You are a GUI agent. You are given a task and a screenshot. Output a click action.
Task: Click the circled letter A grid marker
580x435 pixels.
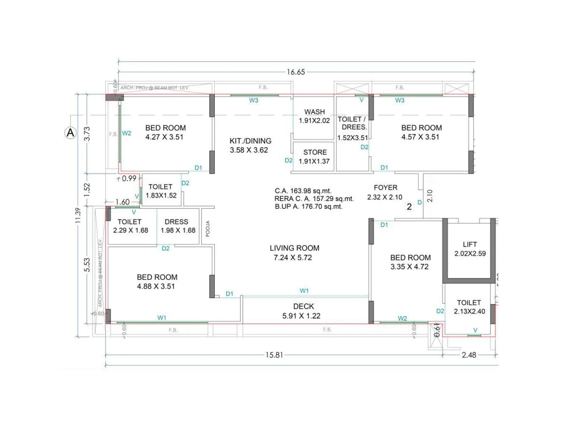(70, 133)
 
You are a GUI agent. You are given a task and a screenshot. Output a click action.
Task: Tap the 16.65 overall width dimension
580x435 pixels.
(296, 72)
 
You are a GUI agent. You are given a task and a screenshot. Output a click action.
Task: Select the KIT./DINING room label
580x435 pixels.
(250, 145)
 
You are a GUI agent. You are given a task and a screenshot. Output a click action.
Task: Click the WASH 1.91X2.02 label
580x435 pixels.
(314, 116)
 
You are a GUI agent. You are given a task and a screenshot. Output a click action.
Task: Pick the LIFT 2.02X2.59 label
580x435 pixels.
(470, 249)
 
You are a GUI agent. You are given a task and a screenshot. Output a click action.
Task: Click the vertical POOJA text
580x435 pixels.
(208, 229)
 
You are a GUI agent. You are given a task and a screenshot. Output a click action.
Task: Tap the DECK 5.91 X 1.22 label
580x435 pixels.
(302, 311)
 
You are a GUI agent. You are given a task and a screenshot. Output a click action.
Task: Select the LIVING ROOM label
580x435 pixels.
(294, 253)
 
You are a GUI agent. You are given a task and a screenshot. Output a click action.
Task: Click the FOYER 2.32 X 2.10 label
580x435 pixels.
(385, 192)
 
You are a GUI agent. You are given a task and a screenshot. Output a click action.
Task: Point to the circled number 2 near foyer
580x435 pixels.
(409, 207)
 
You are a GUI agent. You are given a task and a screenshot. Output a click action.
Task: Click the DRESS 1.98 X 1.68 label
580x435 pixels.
(178, 226)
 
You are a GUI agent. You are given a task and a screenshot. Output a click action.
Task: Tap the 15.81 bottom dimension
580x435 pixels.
(274, 355)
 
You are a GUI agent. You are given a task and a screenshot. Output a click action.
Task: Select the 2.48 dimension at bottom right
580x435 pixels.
(469, 355)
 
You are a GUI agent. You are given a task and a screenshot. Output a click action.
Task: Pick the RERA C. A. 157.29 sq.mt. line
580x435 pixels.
(314, 199)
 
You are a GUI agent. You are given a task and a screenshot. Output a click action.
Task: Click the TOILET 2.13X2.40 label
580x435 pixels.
(469, 307)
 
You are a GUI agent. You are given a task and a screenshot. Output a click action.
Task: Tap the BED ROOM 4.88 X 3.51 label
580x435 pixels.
(157, 282)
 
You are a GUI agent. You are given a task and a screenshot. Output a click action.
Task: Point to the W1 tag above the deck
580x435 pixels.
(304, 291)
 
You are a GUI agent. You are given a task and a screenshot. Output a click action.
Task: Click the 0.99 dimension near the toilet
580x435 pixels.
(129, 178)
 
